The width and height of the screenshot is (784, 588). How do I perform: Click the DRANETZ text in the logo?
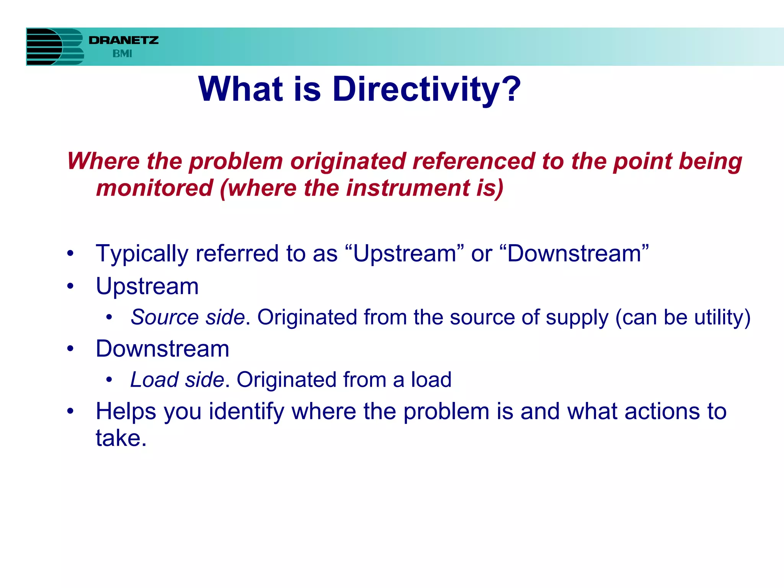(x=123, y=40)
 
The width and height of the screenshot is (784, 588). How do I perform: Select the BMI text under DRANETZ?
(x=122, y=54)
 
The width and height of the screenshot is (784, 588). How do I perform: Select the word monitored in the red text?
(x=154, y=188)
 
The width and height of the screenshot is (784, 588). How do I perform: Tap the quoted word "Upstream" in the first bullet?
(x=405, y=254)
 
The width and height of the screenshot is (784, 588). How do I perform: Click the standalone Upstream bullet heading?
(x=147, y=286)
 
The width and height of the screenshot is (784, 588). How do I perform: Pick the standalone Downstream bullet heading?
(x=163, y=349)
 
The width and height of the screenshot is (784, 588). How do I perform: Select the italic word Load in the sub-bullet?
(x=154, y=380)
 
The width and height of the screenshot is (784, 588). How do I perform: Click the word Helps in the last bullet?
(x=126, y=412)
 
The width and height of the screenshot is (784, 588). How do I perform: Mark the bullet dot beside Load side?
(x=109, y=380)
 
